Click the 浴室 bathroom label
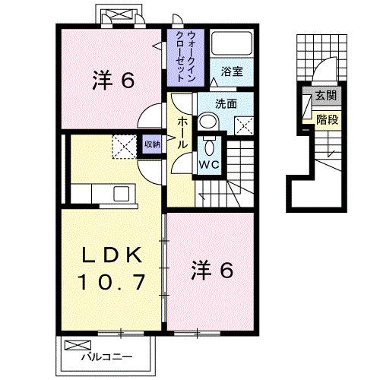pyautogui.click(x=232, y=71)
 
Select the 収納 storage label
pyautogui.click(x=152, y=144)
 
